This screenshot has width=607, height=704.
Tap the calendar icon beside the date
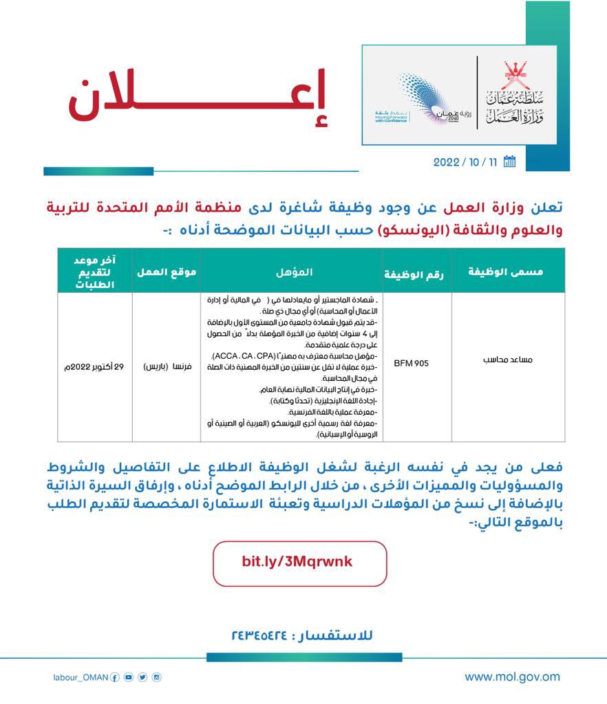[510, 162]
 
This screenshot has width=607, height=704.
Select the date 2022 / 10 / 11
[465, 163]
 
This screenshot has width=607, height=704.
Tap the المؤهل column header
[292, 272]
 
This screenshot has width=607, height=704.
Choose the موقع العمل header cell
[167, 272]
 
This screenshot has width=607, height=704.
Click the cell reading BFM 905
[411, 363]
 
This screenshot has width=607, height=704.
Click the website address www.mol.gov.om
[512, 676]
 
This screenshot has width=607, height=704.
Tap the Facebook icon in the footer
[115, 677]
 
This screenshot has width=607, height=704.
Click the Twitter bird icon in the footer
[142, 677]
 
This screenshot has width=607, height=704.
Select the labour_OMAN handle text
[81, 677]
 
